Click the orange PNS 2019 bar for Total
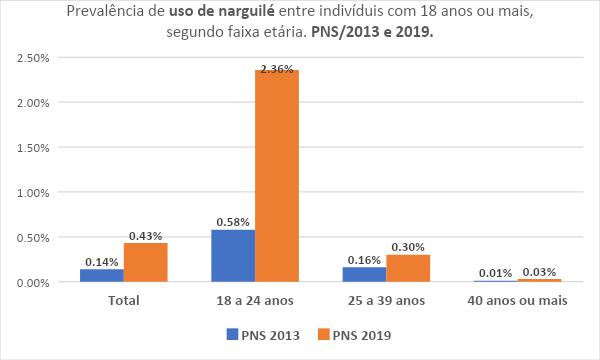pyautogui.click(x=145, y=262)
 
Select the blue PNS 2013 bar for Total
pyautogui.click(x=102, y=275)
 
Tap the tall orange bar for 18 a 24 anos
pyautogui.click(x=276, y=175)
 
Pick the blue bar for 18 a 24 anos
pyautogui.click(x=233, y=256)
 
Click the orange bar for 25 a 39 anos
pyautogui.click(x=407, y=268)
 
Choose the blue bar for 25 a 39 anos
pyautogui.click(x=364, y=274)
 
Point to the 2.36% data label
pyautogui.click(x=277, y=69)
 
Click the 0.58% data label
pyautogui.click(x=233, y=222)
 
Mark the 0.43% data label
pyautogui.click(x=146, y=235)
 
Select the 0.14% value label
pyautogui.click(x=102, y=261)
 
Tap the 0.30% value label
pyautogui.click(x=408, y=247)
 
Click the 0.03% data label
pyautogui.click(x=539, y=272)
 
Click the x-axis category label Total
pyautogui.click(x=124, y=300)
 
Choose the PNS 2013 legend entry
pyautogui.click(x=263, y=334)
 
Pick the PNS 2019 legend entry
pyautogui.click(x=355, y=334)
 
